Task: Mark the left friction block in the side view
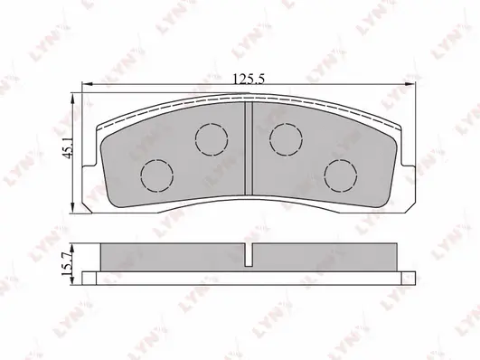[x=172, y=258]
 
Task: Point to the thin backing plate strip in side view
[x=249, y=276]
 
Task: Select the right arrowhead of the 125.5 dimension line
[x=413, y=88]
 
